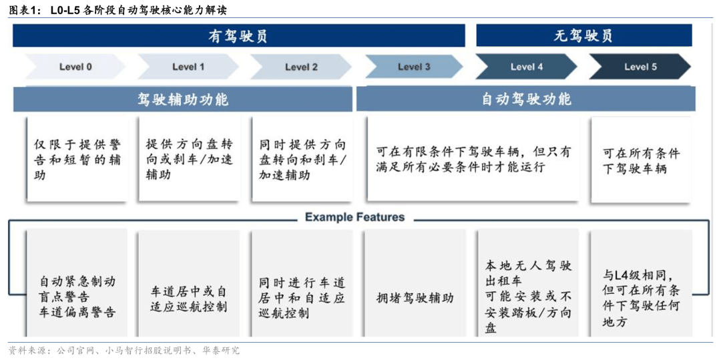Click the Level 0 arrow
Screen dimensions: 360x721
(75, 67)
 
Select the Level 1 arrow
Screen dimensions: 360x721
(188, 67)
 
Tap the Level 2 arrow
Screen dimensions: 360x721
(300, 67)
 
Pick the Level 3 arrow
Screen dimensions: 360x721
(414, 67)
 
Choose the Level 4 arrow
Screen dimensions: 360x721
(526, 67)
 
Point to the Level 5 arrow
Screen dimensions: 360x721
(640, 67)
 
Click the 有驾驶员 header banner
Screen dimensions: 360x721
(238, 35)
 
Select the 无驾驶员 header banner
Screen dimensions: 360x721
(583, 35)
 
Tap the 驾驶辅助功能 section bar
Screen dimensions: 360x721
(182, 99)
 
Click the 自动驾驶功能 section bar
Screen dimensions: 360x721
(526, 99)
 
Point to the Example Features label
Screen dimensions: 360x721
(354, 217)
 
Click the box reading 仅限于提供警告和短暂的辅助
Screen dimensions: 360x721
(76, 159)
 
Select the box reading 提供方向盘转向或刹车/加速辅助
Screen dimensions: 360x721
(190, 159)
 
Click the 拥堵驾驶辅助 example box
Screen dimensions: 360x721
(415, 297)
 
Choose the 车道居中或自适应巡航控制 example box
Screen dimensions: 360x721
(189, 297)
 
